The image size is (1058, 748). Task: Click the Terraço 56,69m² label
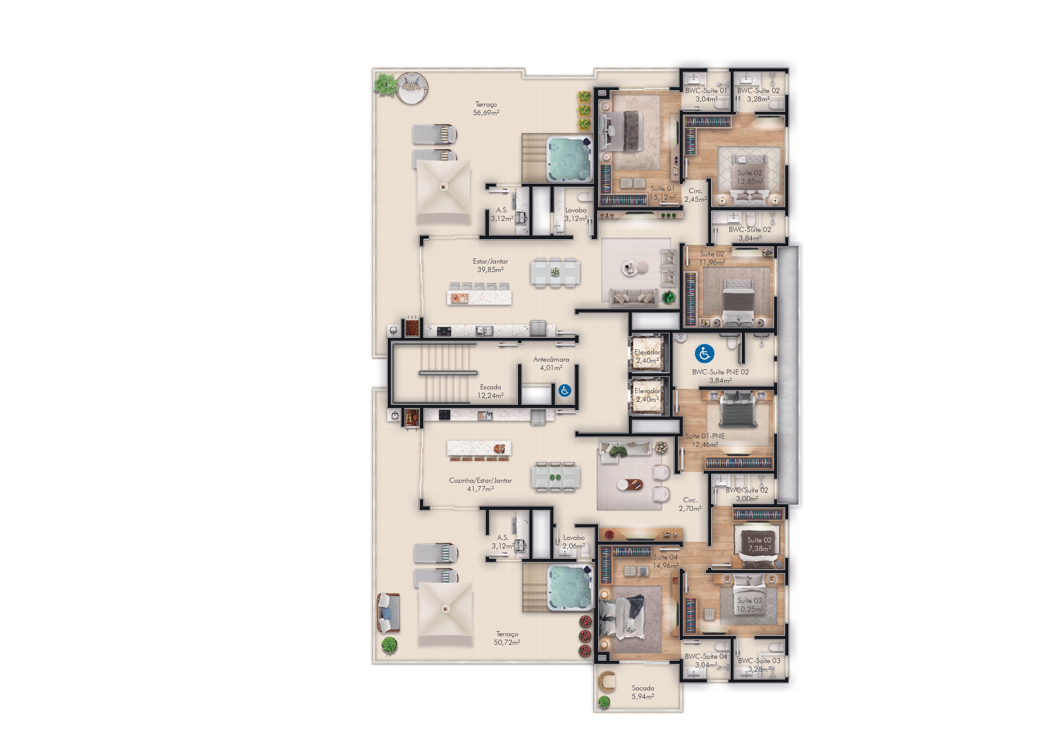pos(486,108)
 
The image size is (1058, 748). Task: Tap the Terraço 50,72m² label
pos(507,638)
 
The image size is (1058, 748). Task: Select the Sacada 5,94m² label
pos(643,692)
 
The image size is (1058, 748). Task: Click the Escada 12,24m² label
pos(490,391)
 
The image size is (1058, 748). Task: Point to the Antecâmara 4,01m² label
pos(551,364)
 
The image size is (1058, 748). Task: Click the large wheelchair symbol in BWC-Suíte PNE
pos(704,354)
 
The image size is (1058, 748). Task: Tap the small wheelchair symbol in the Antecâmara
pos(565,390)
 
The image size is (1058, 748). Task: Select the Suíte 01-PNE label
pos(704,436)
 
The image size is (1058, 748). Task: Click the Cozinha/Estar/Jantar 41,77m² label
pos(480,484)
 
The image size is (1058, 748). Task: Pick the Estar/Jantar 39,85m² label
pos(490,265)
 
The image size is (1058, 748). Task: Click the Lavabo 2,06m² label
pos(574,542)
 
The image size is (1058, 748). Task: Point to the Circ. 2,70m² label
pos(690,504)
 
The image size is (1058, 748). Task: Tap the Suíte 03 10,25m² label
pos(750,605)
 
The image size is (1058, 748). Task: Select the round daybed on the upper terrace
pos(412,88)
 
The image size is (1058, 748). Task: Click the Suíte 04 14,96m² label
pos(665,561)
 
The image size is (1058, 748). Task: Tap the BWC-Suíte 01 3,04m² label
pos(706,95)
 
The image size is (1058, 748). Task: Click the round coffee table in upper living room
pos(629,267)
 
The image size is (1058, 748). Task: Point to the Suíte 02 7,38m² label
pos(759,544)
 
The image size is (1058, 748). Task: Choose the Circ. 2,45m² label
pos(696,195)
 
